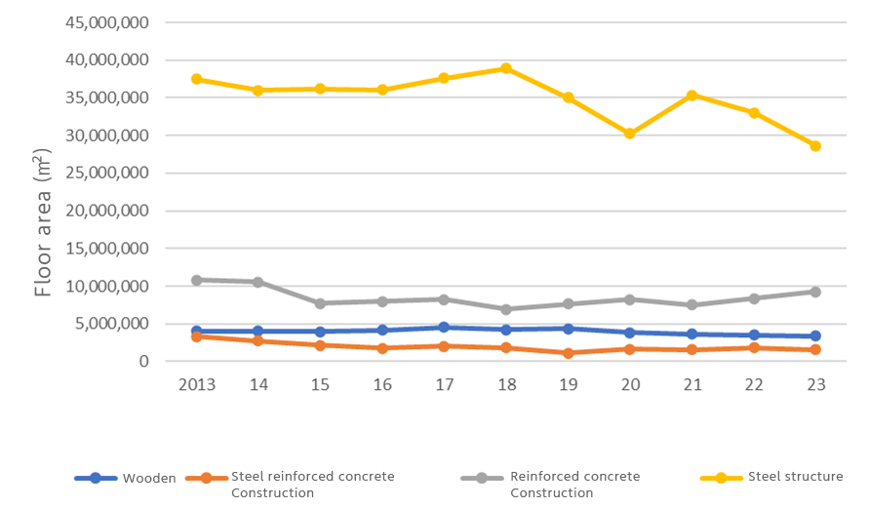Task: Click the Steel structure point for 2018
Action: [506, 68]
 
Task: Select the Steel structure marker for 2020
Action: [630, 134]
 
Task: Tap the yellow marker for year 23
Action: [815, 146]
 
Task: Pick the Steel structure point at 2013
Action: [196, 79]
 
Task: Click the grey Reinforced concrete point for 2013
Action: [196, 280]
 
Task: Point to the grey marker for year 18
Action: [506, 309]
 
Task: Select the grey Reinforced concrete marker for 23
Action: [815, 292]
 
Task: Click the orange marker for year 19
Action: [568, 353]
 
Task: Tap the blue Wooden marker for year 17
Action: [444, 328]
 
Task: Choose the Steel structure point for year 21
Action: [691, 96]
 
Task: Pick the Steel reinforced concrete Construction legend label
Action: [312, 485]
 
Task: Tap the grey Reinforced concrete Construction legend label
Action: [574, 485]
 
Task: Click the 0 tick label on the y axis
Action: [143, 362]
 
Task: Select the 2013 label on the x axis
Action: [196, 384]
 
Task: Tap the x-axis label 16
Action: [382, 384]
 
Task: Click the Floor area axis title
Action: [42, 224]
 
